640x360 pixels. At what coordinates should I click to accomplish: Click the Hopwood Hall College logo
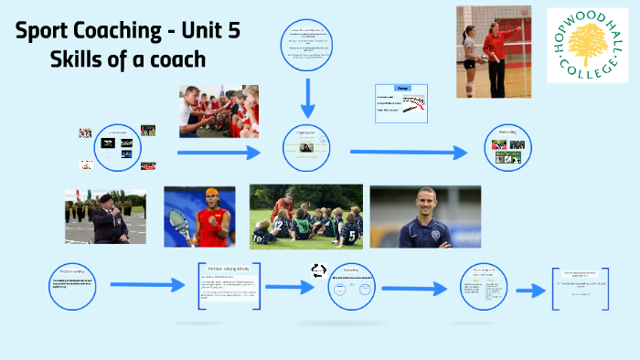pos(588,45)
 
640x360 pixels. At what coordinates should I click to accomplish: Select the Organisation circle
pos(304,147)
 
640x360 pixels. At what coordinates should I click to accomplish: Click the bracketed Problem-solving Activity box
pos(229,286)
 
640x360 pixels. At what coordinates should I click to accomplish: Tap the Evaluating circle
pos(351,285)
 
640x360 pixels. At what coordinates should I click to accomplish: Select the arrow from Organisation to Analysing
pos(402,151)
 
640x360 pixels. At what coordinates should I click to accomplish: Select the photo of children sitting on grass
pos(305,216)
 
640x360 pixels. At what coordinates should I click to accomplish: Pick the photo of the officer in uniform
pos(105,216)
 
